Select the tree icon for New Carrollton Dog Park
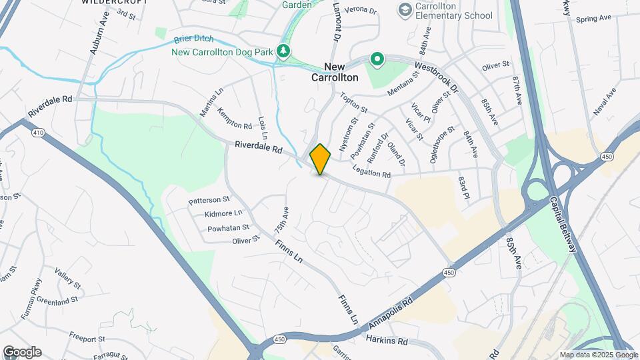tap(284, 51)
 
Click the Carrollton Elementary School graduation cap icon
tap(404, 9)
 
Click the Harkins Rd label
tap(387, 340)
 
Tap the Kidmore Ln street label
tap(223, 213)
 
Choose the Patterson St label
tap(209, 199)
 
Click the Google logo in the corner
tap(22, 352)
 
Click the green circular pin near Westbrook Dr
tap(377, 60)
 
